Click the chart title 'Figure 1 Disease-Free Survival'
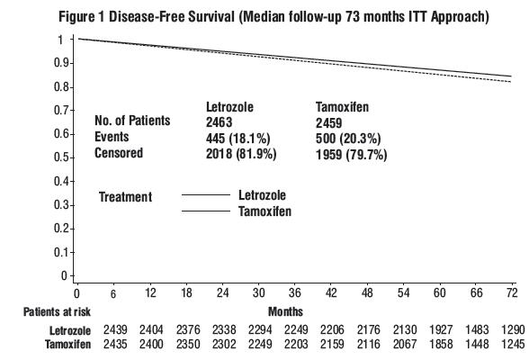[147, 16]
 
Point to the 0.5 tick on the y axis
[72, 157]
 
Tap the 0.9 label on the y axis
[61, 63]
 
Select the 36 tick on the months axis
[295, 284]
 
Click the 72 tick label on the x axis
[512, 292]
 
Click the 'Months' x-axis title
[285, 311]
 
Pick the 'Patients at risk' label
[57, 311]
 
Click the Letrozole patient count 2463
[220, 122]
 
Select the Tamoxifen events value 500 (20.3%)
[348, 139]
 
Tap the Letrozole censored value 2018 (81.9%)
[241, 154]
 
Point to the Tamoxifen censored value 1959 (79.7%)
[351, 155]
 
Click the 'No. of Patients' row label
[132, 121]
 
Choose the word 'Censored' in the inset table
[119, 153]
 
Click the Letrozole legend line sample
[206, 195]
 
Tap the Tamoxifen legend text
[264, 211]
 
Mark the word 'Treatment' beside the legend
[125, 197]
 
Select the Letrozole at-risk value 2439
[115, 329]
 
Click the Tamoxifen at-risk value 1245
[513, 344]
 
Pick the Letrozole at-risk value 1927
[441, 329]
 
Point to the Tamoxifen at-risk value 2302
[224, 344]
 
